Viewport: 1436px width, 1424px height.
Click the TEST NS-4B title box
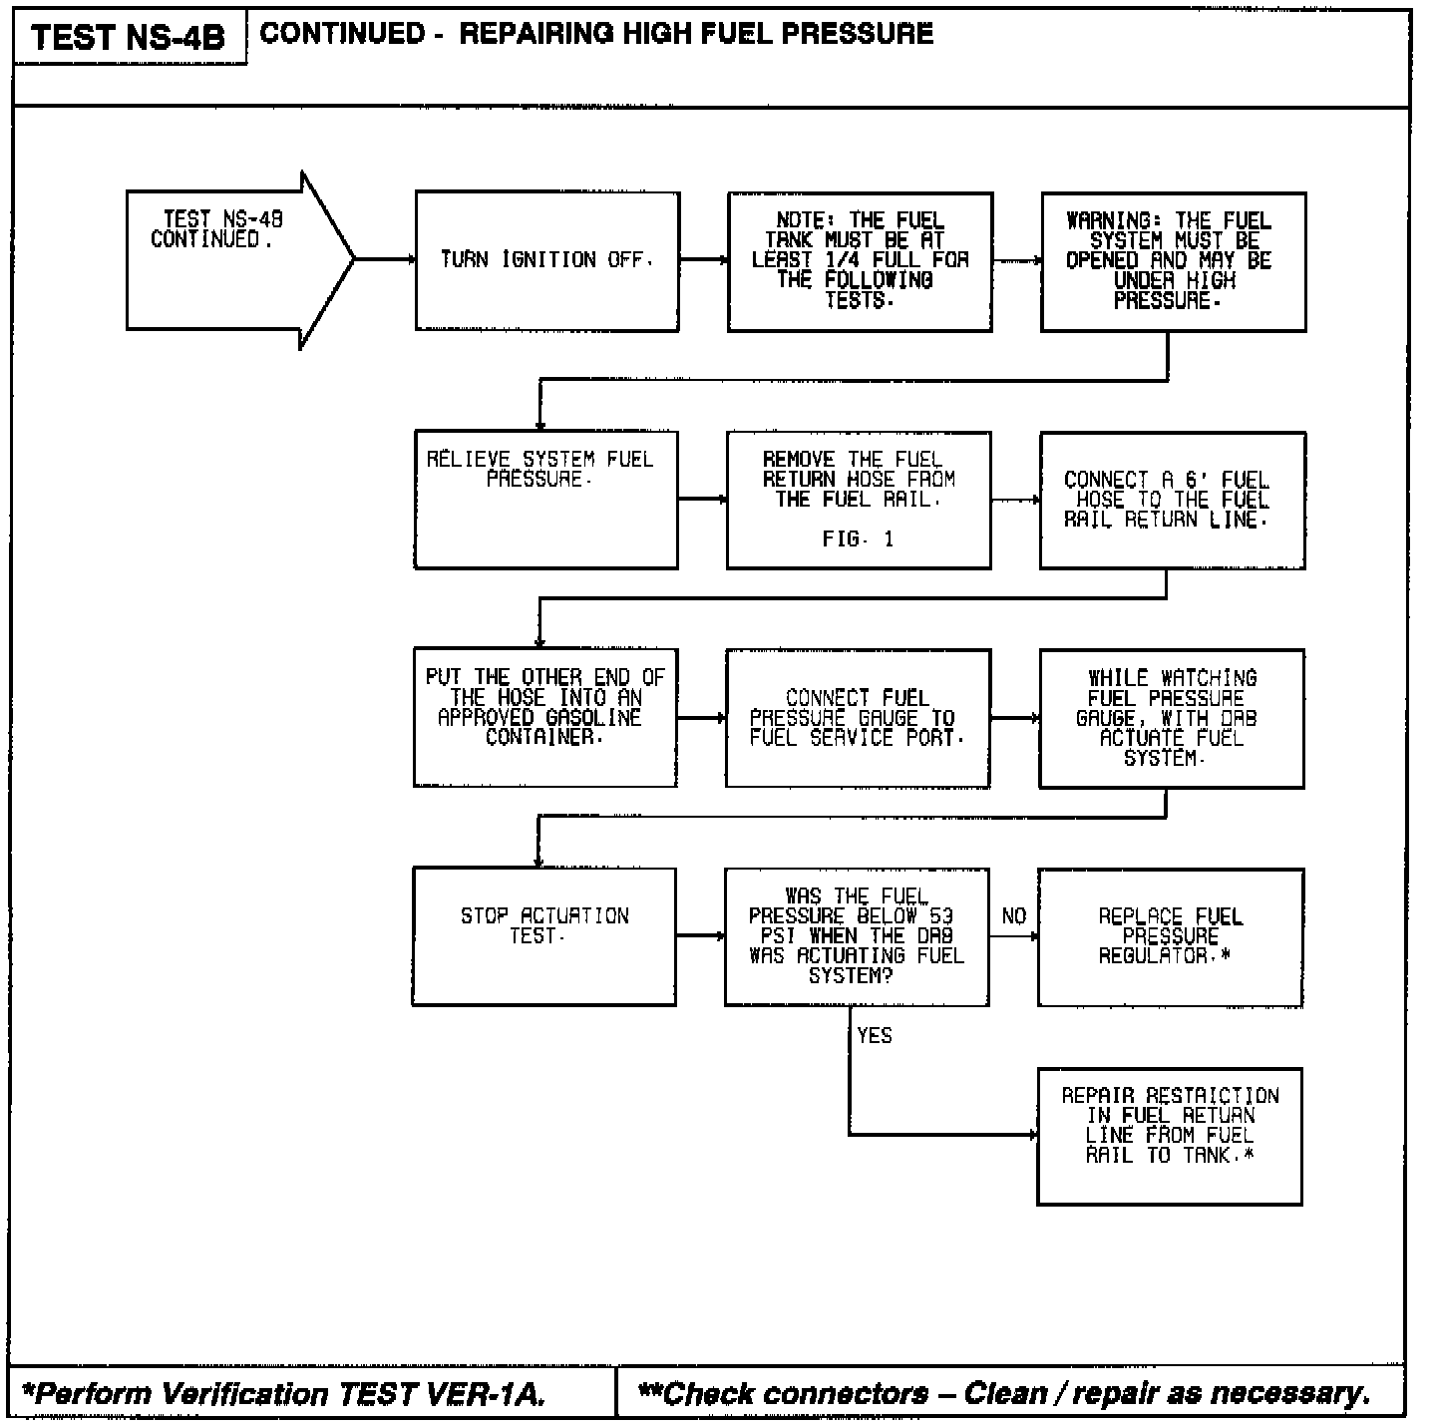[x=129, y=38]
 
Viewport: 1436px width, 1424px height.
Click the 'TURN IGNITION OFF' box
[x=547, y=261]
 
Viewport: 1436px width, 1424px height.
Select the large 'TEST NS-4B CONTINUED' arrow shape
[x=239, y=260]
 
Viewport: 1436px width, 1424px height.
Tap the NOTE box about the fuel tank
[x=860, y=261]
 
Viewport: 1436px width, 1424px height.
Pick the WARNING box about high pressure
[x=1173, y=261]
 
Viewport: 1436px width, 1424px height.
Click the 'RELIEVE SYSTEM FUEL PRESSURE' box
[x=545, y=500]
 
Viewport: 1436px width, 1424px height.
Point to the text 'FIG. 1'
[x=858, y=539]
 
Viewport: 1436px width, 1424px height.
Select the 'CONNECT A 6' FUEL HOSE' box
[x=1172, y=500]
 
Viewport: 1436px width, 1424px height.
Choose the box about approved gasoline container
[x=544, y=717]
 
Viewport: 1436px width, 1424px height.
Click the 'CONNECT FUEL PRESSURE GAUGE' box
[x=858, y=718]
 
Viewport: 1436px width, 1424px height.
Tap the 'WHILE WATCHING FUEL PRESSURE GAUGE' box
[x=1171, y=718]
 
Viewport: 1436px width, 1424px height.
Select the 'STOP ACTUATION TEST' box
[x=544, y=936]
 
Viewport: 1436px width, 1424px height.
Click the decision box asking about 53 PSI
[x=857, y=936]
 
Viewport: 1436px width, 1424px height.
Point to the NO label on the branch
[x=1013, y=916]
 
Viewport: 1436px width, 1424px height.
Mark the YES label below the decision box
[x=875, y=1036]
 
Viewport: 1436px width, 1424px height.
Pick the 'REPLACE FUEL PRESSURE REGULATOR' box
[x=1170, y=936]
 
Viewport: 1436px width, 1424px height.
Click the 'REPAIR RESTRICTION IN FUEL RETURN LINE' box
[x=1170, y=1136]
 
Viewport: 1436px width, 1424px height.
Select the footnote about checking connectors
[x=1005, y=1393]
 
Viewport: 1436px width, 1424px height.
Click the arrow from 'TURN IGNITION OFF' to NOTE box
[x=704, y=260]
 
